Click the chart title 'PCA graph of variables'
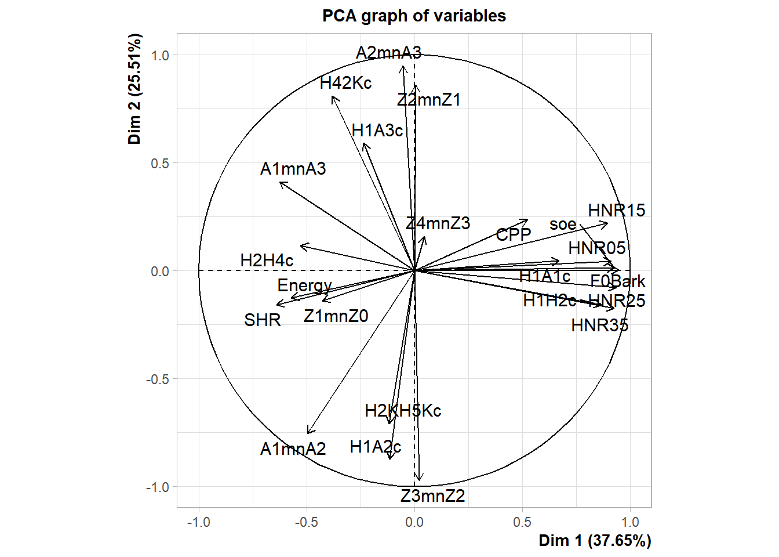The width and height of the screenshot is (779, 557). tap(414, 16)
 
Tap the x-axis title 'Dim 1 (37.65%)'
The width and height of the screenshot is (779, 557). tap(595, 541)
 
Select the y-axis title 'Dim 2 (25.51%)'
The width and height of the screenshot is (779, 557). tap(135, 89)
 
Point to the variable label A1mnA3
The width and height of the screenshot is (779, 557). tap(293, 169)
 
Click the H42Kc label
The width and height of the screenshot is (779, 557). tap(345, 83)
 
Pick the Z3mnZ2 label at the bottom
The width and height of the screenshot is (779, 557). tap(432, 496)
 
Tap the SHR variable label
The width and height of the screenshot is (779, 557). tap(263, 320)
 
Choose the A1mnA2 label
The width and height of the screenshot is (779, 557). tap(293, 449)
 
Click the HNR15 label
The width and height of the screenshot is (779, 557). tap(616, 211)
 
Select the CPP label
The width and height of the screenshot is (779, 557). tap(514, 234)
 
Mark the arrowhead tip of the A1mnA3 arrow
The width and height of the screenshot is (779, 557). tap(280, 183)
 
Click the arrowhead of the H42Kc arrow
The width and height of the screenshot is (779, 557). tap(333, 96)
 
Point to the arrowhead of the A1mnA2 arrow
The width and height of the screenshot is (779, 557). tap(308, 433)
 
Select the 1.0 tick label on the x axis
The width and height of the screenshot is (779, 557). tap(630, 522)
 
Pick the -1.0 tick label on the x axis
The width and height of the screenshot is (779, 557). tap(199, 522)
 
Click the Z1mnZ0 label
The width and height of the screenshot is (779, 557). tap(336, 316)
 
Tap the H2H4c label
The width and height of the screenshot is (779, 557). tap(267, 261)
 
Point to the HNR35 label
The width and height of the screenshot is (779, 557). tap(599, 325)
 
